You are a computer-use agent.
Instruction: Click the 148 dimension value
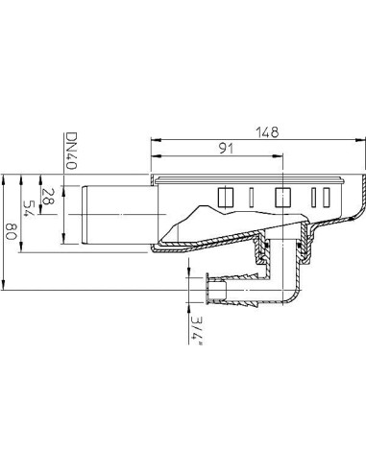point(268,132)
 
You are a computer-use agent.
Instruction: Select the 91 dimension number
point(226,149)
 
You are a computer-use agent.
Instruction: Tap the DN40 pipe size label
point(70,151)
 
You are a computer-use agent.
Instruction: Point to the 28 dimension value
point(49,196)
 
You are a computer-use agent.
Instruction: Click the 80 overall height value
point(11,231)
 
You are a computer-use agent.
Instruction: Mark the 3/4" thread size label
point(197,331)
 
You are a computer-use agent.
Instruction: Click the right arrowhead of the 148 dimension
point(361,139)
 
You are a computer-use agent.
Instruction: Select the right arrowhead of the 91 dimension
point(279,156)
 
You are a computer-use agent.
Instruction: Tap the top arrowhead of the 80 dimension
point(3,179)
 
